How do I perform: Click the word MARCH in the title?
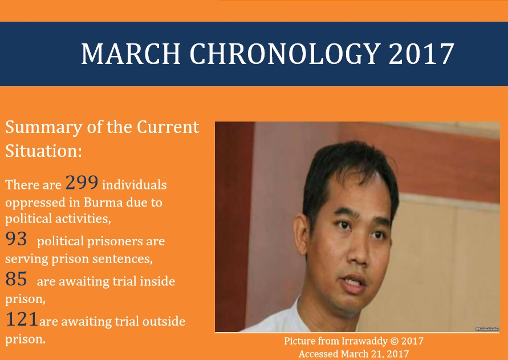pyautogui.click(x=131, y=54)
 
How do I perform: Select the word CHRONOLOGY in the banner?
pyautogui.click(x=285, y=54)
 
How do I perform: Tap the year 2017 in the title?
pyautogui.click(x=421, y=54)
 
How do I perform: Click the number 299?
pyautogui.click(x=82, y=182)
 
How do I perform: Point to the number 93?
pyautogui.click(x=16, y=239)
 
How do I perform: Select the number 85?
pyautogui.click(x=16, y=279)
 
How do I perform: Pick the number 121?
pyautogui.click(x=22, y=319)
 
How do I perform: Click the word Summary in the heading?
pyautogui.click(x=44, y=128)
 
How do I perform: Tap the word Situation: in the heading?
pyautogui.click(x=44, y=151)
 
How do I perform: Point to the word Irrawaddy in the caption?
pyautogui.click(x=364, y=342)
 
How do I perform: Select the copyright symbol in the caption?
pyautogui.click(x=395, y=341)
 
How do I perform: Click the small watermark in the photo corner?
pyautogui.click(x=487, y=329)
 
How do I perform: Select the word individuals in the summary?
pyautogui.click(x=135, y=185)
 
